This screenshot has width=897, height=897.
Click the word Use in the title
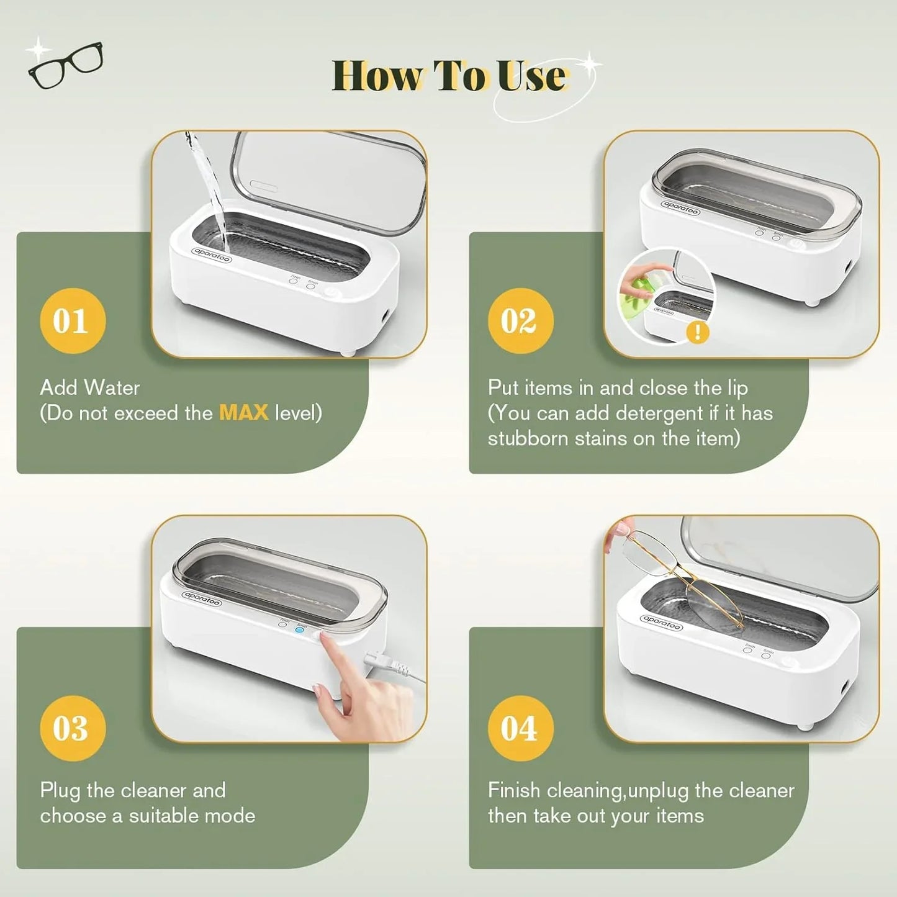coord(531,76)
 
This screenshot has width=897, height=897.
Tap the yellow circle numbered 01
coord(72,321)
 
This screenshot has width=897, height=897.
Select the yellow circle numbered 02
coord(520,321)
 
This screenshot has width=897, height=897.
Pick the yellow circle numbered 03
coord(72,728)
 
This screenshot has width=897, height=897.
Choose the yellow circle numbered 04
coord(520,728)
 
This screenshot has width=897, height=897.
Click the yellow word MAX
coord(243,413)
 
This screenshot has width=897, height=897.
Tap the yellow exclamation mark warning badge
coord(698,332)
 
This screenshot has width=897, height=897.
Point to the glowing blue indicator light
coord(300,629)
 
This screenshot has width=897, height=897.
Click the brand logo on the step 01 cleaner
coord(212,254)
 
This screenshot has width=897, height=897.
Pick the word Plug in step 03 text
coord(60,791)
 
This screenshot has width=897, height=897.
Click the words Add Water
coord(89,388)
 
